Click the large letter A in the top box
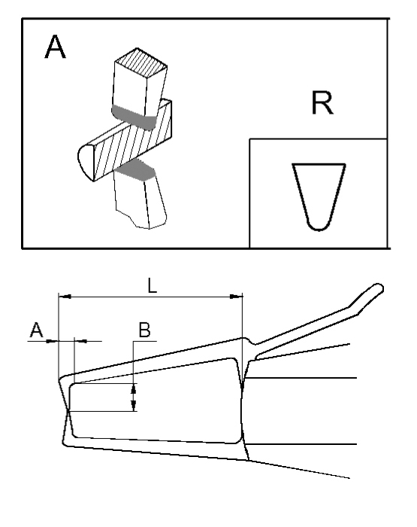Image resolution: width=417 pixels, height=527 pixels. point(55,47)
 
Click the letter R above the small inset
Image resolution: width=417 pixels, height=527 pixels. point(322,103)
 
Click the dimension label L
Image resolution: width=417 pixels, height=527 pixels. point(153,285)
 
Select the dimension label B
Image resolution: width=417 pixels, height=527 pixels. point(144,330)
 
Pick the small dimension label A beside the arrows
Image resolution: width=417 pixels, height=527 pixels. point(36,330)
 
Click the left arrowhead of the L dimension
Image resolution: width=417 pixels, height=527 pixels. point(65,297)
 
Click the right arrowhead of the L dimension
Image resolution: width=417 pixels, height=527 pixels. point(235,297)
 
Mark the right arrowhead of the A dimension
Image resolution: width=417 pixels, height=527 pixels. point(80,341)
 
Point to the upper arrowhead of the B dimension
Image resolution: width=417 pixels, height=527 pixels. point(134,389)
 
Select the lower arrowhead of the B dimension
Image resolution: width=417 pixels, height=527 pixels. point(134,405)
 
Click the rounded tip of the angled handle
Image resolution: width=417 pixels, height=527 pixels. point(379,288)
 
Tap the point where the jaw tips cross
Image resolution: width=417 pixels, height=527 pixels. point(68,410)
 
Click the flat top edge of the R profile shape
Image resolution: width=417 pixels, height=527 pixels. point(319,164)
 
